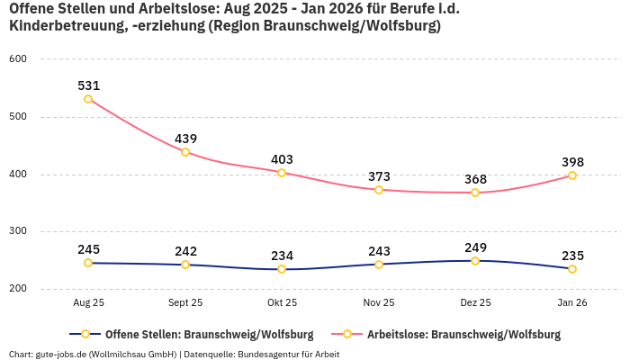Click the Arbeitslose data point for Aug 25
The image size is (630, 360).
tap(88, 99)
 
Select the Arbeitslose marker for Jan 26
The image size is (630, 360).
tap(572, 175)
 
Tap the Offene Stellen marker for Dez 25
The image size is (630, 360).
tap(475, 261)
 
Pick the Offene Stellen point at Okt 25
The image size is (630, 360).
tap(282, 269)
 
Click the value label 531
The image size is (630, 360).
tap(88, 85)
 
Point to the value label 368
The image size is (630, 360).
tap(475, 179)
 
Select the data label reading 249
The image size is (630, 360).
tap(475, 247)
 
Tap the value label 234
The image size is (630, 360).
tap(282, 256)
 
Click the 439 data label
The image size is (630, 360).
tap(185, 139)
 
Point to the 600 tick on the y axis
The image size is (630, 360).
tap(19, 59)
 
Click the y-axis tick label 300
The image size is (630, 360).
tap(19, 232)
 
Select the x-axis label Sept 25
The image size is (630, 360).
tap(185, 303)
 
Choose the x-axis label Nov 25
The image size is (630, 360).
tap(379, 303)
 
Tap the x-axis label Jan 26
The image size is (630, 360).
tap(572, 303)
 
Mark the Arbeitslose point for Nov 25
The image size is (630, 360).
tap(379, 190)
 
